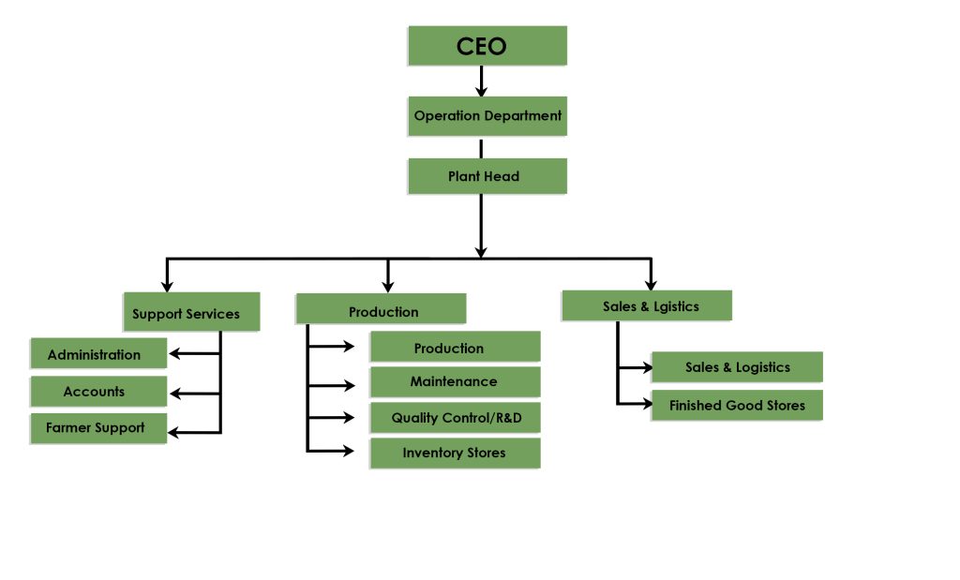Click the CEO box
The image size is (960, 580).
pyautogui.click(x=487, y=45)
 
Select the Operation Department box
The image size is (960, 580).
pyautogui.click(x=487, y=116)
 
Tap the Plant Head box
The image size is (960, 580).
pyautogui.click(x=487, y=176)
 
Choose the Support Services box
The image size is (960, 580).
pyautogui.click(x=190, y=313)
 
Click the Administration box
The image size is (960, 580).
pyautogui.click(x=98, y=354)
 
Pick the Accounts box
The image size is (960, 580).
pyautogui.click(x=98, y=391)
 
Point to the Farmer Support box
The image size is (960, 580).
pyautogui.click(x=98, y=427)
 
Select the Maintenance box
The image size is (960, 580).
pyautogui.click(x=455, y=381)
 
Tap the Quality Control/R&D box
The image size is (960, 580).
pyautogui.click(x=455, y=417)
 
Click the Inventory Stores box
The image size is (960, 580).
pyautogui.click(x=455, y=453)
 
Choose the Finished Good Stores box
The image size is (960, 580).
pyautogui.click(x=737, y=405)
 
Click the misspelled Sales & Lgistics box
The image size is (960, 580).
pyautogui.click(x=646, y=305)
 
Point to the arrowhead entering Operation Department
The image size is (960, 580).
pyautogui.click(x=481, y=92)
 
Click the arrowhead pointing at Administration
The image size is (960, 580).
pyautogui.click(x=174, y=354)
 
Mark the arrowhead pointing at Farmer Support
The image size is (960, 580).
pyautogui.click(x=174, y=432)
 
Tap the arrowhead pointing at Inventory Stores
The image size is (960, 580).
pyautogui.click(x=349, y=452)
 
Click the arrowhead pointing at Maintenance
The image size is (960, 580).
pyautogui.click(x=349, y=384)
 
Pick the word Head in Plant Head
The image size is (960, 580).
pyautogui.click(x=502, y=176)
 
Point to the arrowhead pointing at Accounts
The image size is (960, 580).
pyautogui.click(x=174, y=394)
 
